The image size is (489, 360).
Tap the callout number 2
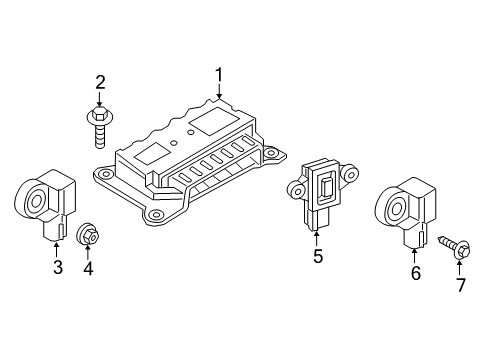coord(100,82)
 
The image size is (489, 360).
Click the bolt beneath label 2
coord(100,129)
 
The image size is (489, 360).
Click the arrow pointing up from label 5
coord(316,237)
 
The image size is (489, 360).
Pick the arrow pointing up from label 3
coord(57,248)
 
